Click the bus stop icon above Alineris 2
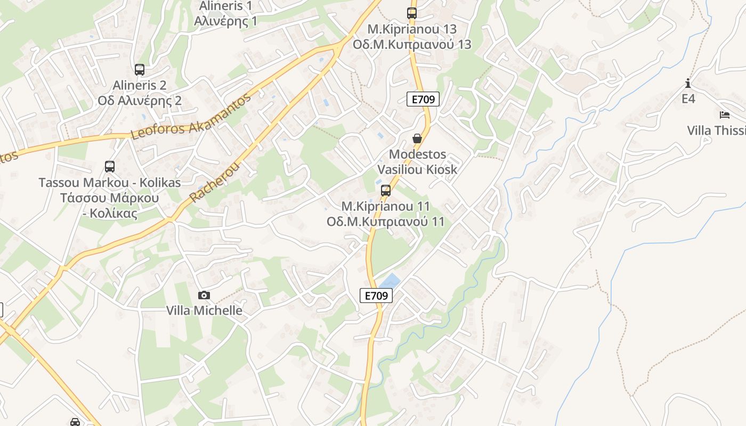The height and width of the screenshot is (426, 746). (140, 70)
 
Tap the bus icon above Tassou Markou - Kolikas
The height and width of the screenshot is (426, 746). (110, 167)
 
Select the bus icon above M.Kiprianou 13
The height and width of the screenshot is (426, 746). (412, 13)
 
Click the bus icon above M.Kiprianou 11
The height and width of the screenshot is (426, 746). (386, 191)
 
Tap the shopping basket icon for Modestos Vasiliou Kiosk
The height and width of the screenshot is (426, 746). (417, 138)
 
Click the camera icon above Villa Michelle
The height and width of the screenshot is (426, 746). (204, 295)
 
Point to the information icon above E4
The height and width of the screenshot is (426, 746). (688, 83)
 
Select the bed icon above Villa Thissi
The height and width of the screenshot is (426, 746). (724, 114)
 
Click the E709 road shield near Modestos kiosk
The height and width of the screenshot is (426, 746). (423, 99)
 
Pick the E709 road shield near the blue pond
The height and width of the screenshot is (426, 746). (376, 296)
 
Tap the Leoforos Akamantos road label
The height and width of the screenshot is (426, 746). (190, 117)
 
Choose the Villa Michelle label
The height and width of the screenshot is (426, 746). (204, 310)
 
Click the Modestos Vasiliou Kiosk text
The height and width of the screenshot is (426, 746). (417, 162)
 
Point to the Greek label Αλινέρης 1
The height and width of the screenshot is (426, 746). (225, 21)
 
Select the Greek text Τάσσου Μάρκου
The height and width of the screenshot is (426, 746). (109, 198)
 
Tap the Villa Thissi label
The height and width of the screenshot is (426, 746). (716, 130)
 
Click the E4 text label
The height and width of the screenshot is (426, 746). (688, 99)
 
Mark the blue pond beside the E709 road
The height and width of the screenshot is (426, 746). (390, 281)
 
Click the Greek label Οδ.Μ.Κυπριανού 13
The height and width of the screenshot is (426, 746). (412, 44)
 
